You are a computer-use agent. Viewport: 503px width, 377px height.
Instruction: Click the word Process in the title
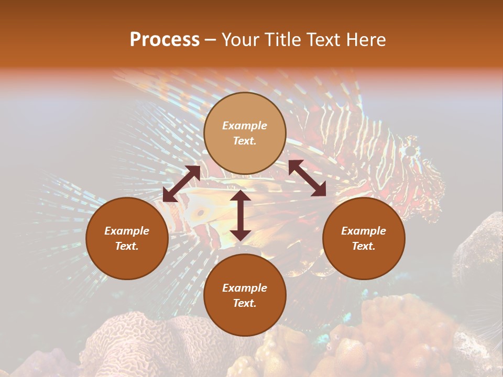pyautogui.click(x=165, y=40)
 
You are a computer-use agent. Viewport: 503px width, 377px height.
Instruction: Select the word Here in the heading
pyautogui.click(x=366, y=40)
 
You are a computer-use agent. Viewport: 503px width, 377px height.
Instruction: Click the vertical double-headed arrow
pyautogui.click(x=240, y=215)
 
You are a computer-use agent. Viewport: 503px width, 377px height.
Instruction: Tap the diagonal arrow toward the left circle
pyautogui.click(x=181, y=184)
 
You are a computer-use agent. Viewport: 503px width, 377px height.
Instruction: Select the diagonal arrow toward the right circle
pyautogui.click(x=307, y=178)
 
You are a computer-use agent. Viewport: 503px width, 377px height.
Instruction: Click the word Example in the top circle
pyautogui.click(x=245, y=126)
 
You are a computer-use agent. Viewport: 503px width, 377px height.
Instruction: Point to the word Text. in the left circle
pyautogui.click(x=127, y=246)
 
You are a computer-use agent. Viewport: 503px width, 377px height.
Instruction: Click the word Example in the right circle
pyautogui.click(x=364, y=231)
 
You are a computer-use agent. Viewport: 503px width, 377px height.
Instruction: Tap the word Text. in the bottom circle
pyautogui.click(x=245, y=303)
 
